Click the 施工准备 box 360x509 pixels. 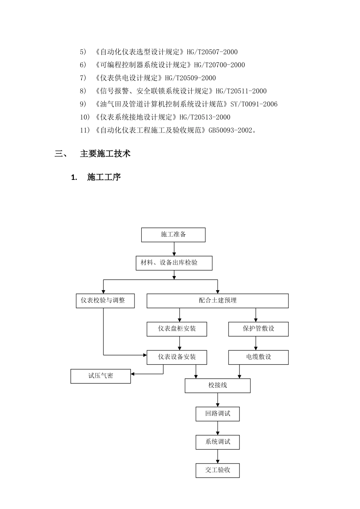click(173, 235)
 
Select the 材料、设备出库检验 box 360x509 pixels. click(174, 263)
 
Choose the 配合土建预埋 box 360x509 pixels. click(218, 301)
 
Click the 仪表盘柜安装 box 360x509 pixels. click(177, 329)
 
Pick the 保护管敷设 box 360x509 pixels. click(258, 329)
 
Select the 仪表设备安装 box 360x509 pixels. click(177, 357)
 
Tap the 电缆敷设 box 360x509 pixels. click(258, 357)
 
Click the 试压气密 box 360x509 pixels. click(100, 376)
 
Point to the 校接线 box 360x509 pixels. click(218, 386)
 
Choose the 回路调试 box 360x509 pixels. click(218, 414)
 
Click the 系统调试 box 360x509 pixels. click(218, 442)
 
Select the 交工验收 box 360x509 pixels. click(218, 470)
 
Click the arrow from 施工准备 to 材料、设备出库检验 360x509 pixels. click(174, 249)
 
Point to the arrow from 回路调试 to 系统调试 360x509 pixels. click(218, 428)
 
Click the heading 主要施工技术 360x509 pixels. click(105, 153)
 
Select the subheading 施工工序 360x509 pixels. click(104, 177)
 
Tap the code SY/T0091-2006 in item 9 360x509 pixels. click(254, 104)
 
